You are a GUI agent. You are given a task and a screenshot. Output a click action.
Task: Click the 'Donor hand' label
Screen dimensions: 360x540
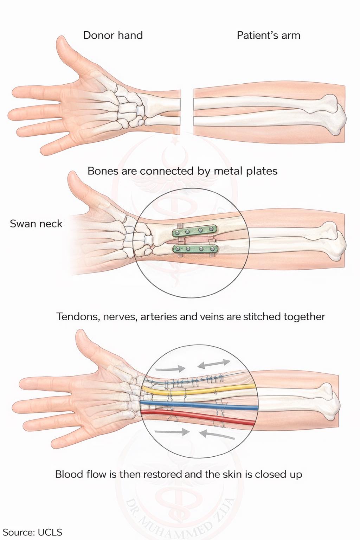(x=113, y=36)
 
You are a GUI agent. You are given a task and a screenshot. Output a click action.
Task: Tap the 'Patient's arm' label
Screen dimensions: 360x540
(x=268, y=36)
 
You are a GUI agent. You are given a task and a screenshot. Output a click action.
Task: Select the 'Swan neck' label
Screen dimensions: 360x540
(x=36, y=224)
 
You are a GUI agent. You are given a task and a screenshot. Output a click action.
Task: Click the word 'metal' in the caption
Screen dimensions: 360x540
(x=228, y=171)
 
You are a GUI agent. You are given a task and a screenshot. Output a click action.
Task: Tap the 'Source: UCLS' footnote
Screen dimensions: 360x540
(x=32, y=532)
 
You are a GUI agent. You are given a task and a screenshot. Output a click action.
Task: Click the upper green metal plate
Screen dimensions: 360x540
(x=194, y=231)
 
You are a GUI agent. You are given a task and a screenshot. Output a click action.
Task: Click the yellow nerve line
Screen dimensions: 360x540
(x=198, y=391)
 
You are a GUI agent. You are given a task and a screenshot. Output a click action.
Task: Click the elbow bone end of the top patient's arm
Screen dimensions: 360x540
(x=337, y=115)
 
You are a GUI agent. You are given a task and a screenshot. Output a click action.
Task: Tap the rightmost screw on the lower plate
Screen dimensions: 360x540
(x=212, y=249)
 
